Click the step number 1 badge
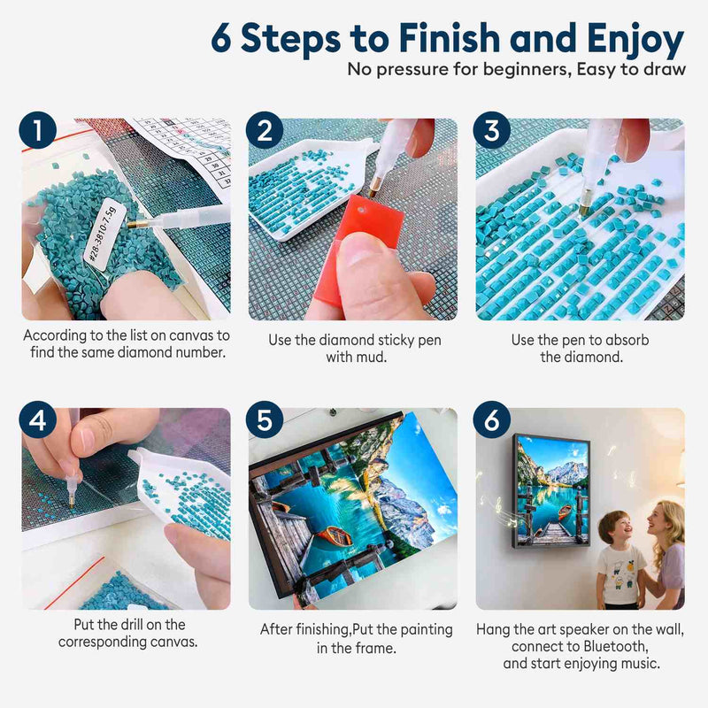38,130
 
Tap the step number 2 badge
265,130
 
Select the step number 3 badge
492,130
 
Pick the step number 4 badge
38,419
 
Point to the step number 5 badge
265,419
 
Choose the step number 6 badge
492,419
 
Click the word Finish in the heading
450,38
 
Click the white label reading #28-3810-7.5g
100,235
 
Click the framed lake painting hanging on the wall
550,491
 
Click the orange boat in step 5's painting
335,535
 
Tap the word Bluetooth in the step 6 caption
615,646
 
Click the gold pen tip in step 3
586,209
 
